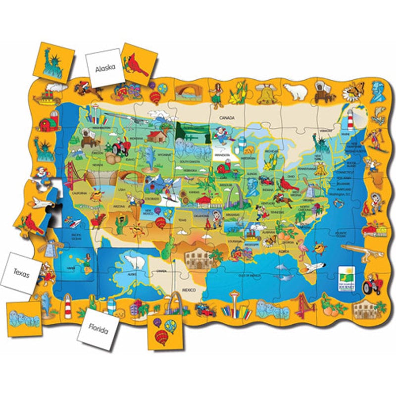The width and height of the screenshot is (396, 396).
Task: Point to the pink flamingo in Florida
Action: tap(301, 246)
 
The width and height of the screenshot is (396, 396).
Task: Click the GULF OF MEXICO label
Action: tap(249, 275)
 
